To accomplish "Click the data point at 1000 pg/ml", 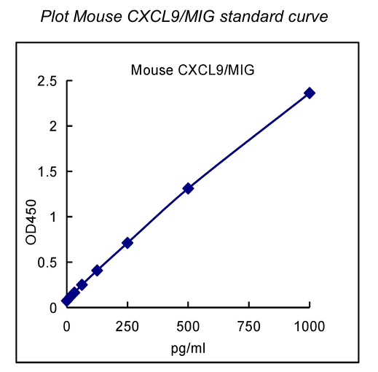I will pyautogui.click(x=310, y=93).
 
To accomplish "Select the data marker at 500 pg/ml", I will pyautogui.click(x=188, y=188).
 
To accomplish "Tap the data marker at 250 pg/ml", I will pyautogui.click(x=127, y=242).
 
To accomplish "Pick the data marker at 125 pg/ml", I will pyautogui.click(x=97, y=270).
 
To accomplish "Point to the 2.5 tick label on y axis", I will pyautogui.click(x=47, y=81).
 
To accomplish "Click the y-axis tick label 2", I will pyautogui.click(x=52, y=126).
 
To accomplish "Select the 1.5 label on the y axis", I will pyautogui.click(x=47, y=171).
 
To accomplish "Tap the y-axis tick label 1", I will pyautogui.click(x=52, y=217).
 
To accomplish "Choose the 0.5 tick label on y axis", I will pyautogui.click(x=47, y=262).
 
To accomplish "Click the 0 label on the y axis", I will pyautogui.click(x=52, y=307).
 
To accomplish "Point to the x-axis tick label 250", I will pyautogui.click(x=127, y=324).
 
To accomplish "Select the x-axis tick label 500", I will pyautogui.click(x=188, y=324).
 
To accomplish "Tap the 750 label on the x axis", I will pyautogui.click(x=248, y=324).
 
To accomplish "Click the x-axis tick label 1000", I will pyautogui.click(x=310, y=324).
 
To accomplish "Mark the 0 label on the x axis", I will pyautogui.click(x=67, y=324).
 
